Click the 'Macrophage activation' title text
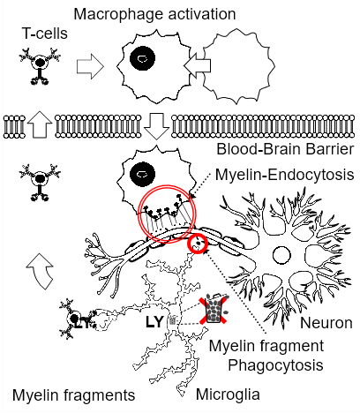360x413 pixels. point(154,14)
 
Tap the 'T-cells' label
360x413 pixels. point(45,34)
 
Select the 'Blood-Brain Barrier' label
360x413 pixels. point(285,149)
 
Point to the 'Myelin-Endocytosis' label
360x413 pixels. point(284,175)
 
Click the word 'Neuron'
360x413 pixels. point(326,323)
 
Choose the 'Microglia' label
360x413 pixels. point(228,394)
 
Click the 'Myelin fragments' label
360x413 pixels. point(74,395)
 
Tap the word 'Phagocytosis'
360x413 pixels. point(276,365)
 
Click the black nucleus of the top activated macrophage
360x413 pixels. point(142,58)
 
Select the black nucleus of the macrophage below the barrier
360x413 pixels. point(142,174)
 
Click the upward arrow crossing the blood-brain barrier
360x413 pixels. point(40,124)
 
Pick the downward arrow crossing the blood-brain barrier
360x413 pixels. point(156,126)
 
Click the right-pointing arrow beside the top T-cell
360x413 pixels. point(90,66)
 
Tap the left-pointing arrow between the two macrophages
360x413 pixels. point(197,66)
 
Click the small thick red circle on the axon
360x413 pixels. point(198,244)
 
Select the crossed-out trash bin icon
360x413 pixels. point(214,311)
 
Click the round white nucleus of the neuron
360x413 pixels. point(281,255)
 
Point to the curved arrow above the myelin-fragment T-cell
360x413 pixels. point(41,271)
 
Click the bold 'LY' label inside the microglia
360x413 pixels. point(154,322)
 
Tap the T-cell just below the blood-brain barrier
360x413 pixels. point(40,182)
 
